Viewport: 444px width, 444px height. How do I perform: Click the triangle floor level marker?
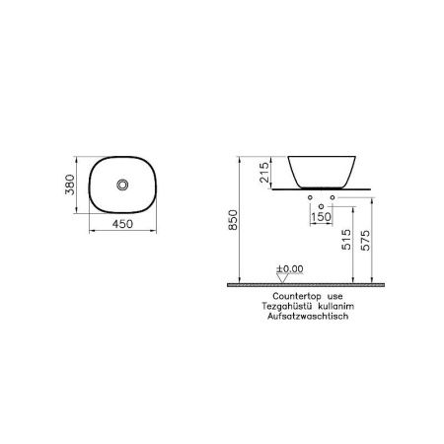coord(281,278)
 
